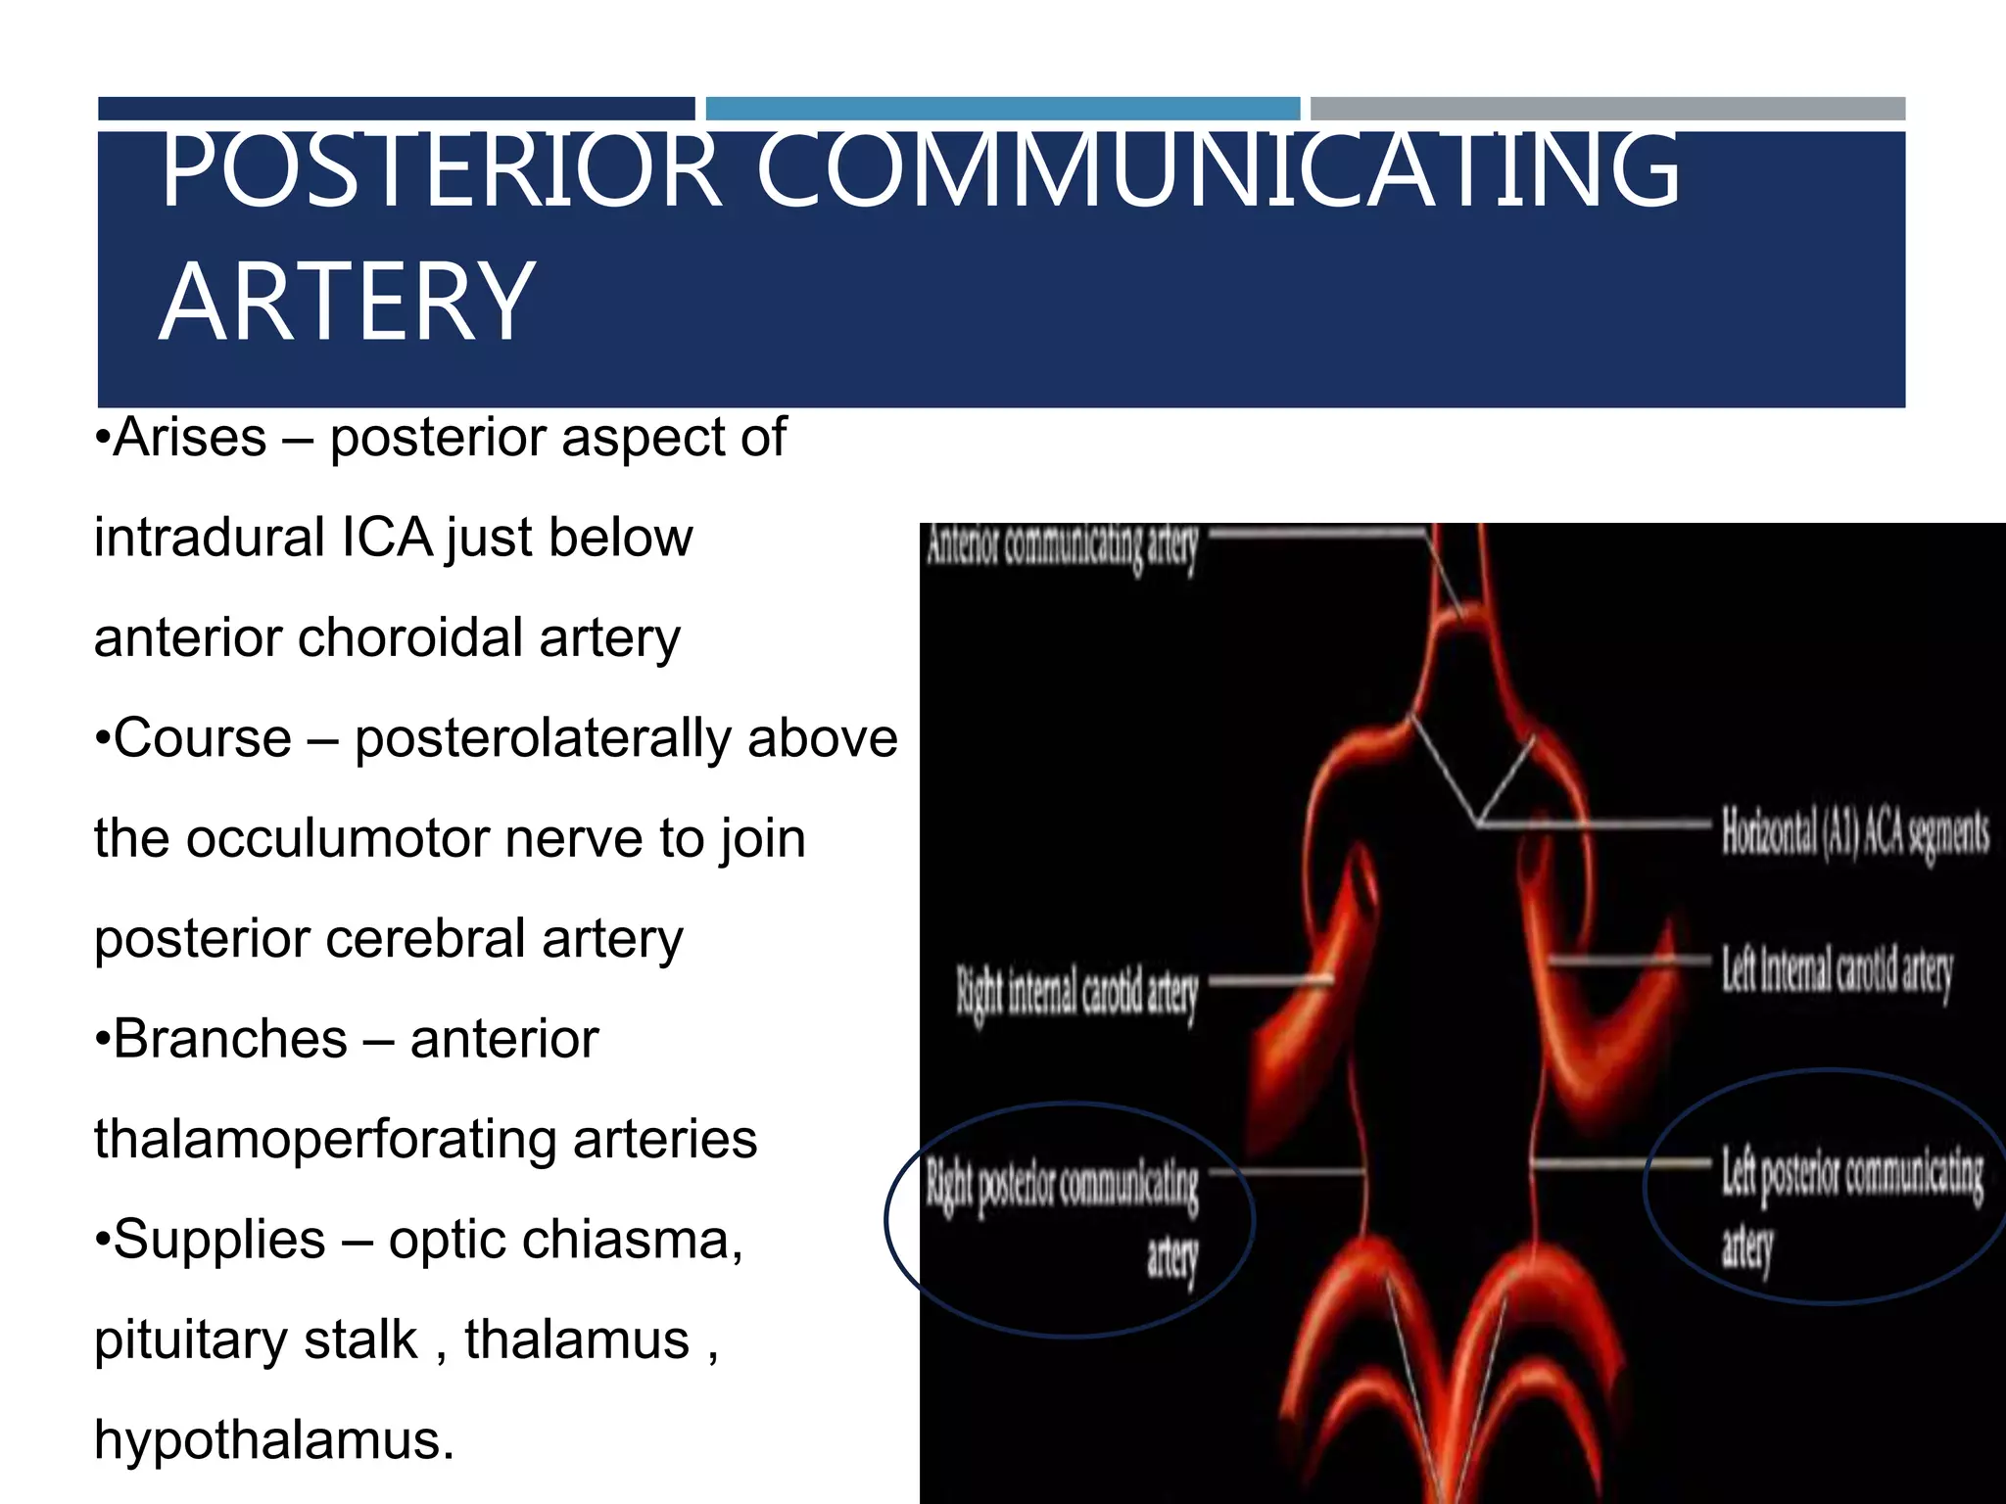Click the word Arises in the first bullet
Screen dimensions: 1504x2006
click(190, 438)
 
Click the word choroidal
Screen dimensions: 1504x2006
click(410, 638)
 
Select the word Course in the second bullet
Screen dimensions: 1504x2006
click(203, 738)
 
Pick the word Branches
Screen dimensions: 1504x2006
click(230, 1039)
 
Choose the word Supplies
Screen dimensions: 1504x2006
click(219, 1240)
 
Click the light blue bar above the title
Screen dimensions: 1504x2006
click(1002, 109)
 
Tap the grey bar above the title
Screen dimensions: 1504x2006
click(1607, 109)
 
